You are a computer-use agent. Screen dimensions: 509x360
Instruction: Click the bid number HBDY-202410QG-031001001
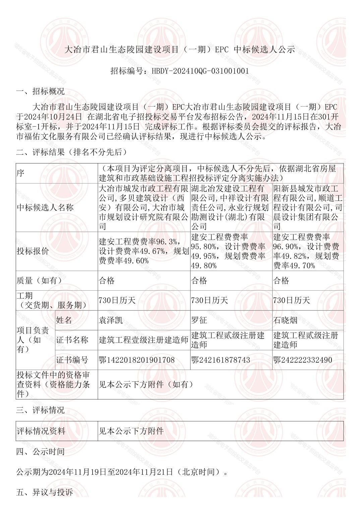point(200,71)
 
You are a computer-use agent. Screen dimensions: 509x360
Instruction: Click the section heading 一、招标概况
point(41,91)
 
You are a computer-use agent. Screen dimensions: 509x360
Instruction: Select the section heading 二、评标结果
point(72,152)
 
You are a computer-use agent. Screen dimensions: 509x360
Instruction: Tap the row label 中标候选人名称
point(45,208)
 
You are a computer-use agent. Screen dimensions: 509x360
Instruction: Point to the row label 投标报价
point(33,251)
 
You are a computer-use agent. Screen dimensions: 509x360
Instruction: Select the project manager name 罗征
point(199,320)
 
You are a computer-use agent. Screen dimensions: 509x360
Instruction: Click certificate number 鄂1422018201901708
point(137,360)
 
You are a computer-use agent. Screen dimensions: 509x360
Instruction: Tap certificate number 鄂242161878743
point(221,360)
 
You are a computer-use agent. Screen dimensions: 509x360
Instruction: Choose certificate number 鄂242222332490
point(303,360)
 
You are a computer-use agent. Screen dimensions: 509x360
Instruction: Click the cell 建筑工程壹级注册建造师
point(143,340)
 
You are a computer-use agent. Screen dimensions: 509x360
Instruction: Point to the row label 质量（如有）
point(40,281)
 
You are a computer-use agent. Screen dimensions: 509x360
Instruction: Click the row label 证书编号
point(72,360)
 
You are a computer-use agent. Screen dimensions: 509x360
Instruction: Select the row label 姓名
point(64,320)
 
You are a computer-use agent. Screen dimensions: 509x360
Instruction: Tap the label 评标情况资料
point(41,431)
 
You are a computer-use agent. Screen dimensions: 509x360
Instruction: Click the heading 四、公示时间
point(41,451)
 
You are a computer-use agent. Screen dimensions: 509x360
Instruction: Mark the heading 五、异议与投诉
point(45,492)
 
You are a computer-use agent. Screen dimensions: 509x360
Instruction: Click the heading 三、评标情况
point(41,410)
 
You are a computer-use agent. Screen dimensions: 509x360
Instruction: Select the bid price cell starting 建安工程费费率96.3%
point(143,251)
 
